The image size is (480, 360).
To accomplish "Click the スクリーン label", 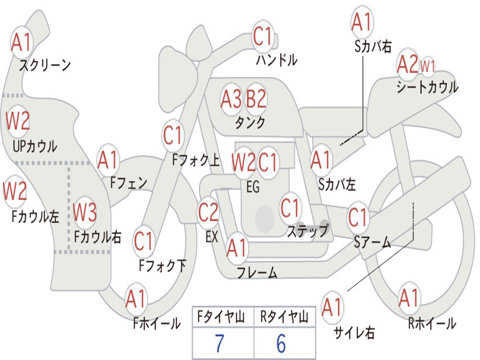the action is pyautogui.click(x=45, y=65).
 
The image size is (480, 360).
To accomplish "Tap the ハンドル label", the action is pyautogui.click(x=277, y=60).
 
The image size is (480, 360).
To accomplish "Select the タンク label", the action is pyautogui.click(x=250, y=122).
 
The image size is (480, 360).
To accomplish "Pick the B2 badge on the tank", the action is pyautogui.click(x=256, y=98).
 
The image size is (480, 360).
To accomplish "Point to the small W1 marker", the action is pyautogui.click(x=427, y=66).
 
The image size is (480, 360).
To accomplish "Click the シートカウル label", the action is pyautogui.click(x=427, y=87).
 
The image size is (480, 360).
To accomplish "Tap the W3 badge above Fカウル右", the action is pyautogui.click(x=85, y=212).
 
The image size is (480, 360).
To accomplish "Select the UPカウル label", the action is pyautogui.click(x=35, y=146).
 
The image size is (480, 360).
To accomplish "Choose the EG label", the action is pyautogui.click(x=253, y=187).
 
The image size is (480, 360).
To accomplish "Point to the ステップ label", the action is pyautogui.click(x=308, y=231).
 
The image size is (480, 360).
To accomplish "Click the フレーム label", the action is pyautogui.click(x=257, y=272).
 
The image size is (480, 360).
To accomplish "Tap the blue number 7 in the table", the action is pyautogui.click(x=219, y=344).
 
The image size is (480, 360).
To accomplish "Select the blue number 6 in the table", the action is pyautogui.click(x=281, y=344).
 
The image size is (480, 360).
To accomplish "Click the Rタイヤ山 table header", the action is pyautogui.click(x=284, y=316).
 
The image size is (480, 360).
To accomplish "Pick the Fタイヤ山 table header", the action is pyautogui.click(x=221, y=316).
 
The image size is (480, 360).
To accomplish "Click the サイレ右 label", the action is pyautogui.click(x=354, y=332).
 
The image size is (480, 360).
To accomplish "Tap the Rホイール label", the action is pyautogui.click(x=432, y=323).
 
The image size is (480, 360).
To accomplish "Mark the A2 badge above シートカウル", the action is pyautogui.click(x=407, y=64).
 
